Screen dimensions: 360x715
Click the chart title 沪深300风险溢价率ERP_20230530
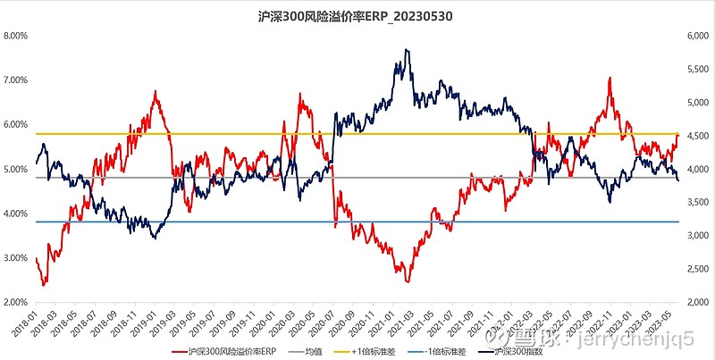point(357,15)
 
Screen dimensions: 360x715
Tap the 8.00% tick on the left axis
point(16,37)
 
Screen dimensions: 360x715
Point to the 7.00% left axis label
point(16,80)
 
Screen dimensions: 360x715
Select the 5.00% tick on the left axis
point(16,169)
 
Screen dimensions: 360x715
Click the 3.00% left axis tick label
point(16,257)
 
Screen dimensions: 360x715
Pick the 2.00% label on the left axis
point(16,302)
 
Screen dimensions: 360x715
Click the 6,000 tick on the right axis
point(696,37)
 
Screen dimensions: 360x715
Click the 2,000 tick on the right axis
point(696,302)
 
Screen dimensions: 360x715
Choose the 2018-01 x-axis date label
point(28,322)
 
